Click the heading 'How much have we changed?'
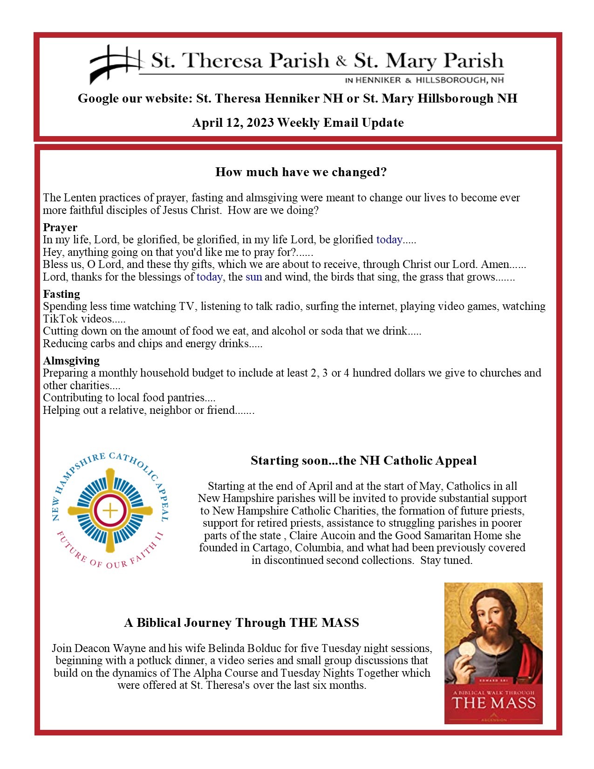click(x=301, y=172)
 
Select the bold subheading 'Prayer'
click(x=60, y=227)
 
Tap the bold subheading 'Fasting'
click(x=61, y=294)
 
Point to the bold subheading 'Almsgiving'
click(x=71, y=361)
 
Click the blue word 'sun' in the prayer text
click(x=254, y=277)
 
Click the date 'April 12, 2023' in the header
click(x=233, y=123)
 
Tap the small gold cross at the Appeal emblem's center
click(x=110, y=511)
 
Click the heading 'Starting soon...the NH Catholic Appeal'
click(x=363, y=460)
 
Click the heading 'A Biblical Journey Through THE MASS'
click(x=241, y=623)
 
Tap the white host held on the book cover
click(x=467, y=650)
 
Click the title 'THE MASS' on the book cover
click(x=493, y=703)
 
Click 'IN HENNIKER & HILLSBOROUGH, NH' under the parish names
click(x=424, y=80)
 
